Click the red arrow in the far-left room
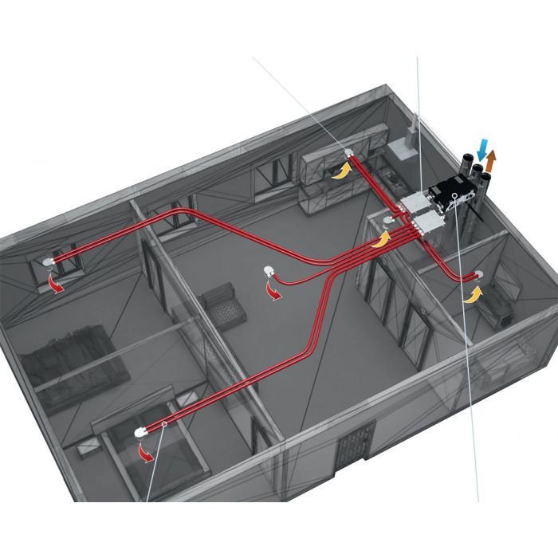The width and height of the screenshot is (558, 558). [x=57, y=281]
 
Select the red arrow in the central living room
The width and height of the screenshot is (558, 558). [x=273, y=292]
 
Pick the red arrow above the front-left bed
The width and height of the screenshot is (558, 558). [x=146, y=452]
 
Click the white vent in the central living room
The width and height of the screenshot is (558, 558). [x=268, y=273]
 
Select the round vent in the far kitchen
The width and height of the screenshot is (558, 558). [x=348, y=153]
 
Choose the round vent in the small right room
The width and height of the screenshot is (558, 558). [x=477, y=275]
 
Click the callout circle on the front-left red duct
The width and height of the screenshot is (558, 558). [x=163, y=424]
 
